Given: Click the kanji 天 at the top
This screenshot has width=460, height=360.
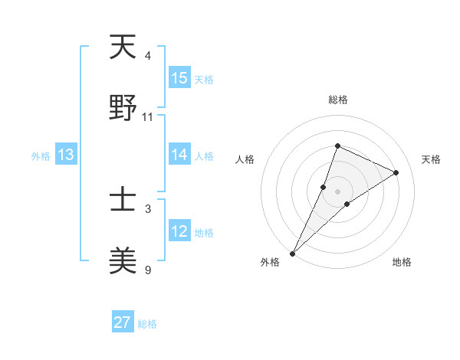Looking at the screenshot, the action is click(123, 47).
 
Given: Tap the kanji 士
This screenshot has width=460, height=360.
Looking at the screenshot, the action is click(123, 201).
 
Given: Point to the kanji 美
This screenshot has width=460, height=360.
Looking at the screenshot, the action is click(123, 262).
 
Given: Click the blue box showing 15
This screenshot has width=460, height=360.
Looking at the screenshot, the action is click(179, 78).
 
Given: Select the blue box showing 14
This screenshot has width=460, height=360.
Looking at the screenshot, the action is click(179, 155).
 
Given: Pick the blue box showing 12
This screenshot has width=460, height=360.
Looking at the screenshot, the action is click(179, 231).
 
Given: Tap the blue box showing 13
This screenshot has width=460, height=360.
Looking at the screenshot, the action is click(66, 155).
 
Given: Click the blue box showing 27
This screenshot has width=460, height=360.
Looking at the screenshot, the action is click(123, 322).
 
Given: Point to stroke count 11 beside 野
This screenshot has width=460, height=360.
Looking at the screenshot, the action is click(148, 117).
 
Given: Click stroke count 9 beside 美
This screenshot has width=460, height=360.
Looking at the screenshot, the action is click(148, 270).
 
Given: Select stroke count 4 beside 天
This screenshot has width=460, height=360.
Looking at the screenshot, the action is click(148, 56).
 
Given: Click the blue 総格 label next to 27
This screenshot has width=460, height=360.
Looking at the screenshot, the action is click(147, 324).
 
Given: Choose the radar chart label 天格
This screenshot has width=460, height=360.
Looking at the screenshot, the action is click(431, 159).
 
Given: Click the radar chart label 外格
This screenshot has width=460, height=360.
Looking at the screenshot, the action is click(270, 263).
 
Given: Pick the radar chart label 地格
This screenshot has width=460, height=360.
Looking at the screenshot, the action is click(402, 263).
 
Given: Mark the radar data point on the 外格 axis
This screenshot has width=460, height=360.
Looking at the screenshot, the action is click(292, 253).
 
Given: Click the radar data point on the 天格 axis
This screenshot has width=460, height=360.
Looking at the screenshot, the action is click(396, 172).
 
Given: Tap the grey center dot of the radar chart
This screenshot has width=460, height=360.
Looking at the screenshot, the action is click(337, 191).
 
